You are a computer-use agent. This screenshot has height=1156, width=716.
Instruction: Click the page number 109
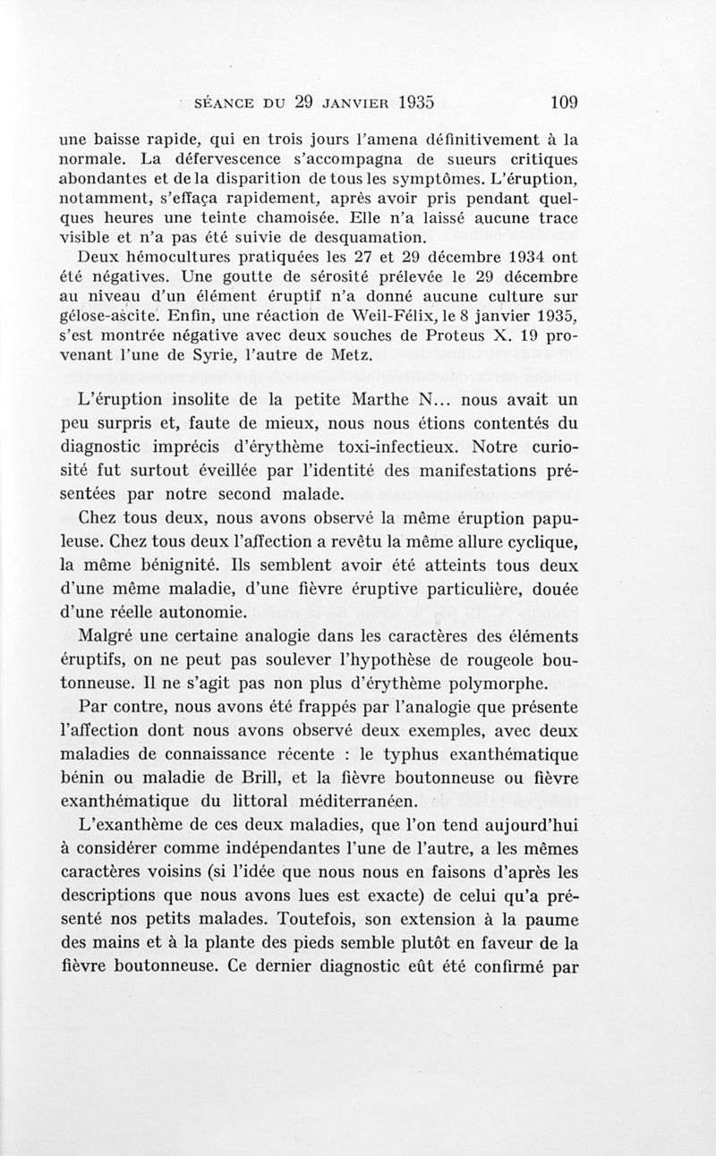(564, 101)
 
